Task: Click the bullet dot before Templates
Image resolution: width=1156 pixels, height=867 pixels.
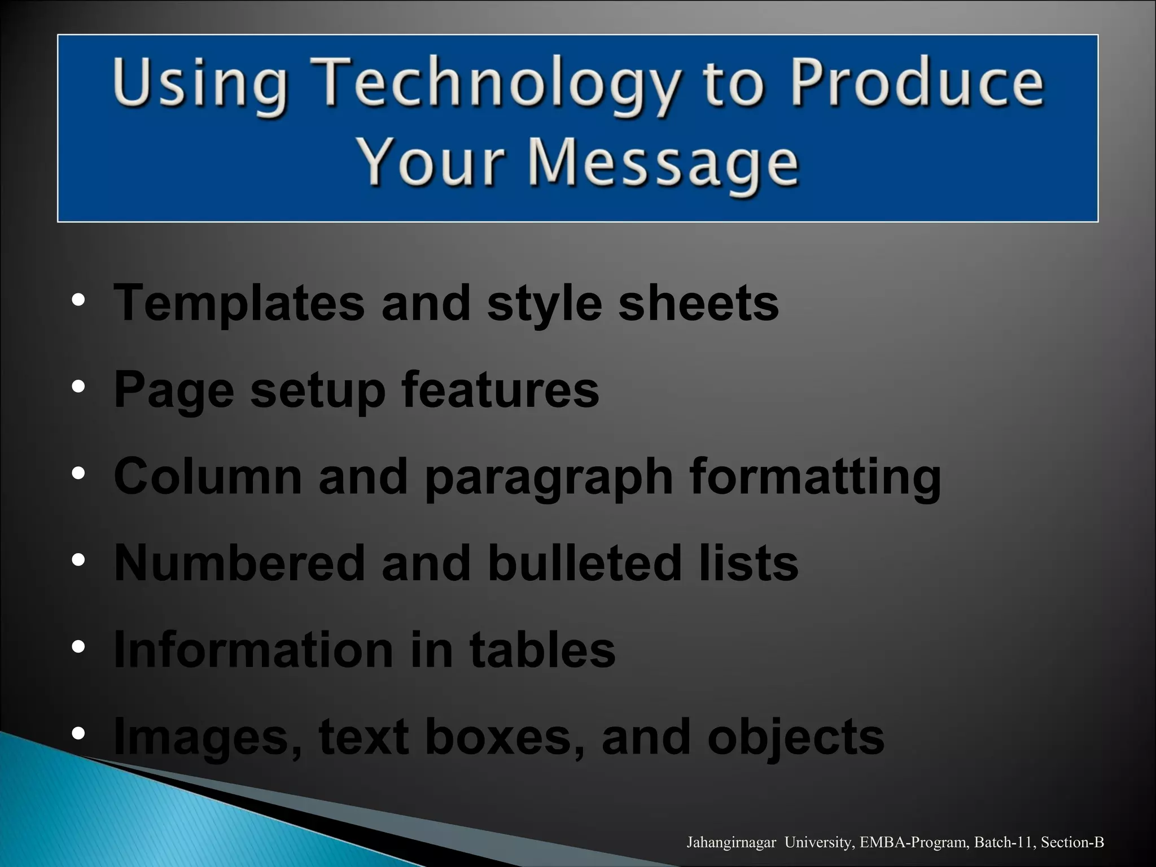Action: pyautogui.click(x=78, y=300)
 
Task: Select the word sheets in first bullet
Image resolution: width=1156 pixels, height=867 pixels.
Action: pyautogui.click(x=698, y=303)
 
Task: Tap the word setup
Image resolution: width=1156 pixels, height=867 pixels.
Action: pyautogui.click(x=318, y=391)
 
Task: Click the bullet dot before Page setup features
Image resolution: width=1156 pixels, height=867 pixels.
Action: pyautogui.click(x=78, y=387)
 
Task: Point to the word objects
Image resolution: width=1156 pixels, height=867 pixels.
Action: pyautogui.click(x=795, y=738)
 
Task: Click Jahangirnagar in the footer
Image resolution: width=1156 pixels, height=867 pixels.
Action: pyautogui.click(x=731, y=843)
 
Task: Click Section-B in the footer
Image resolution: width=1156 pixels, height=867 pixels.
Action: pyautogui.click(x=1072, y=843)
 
